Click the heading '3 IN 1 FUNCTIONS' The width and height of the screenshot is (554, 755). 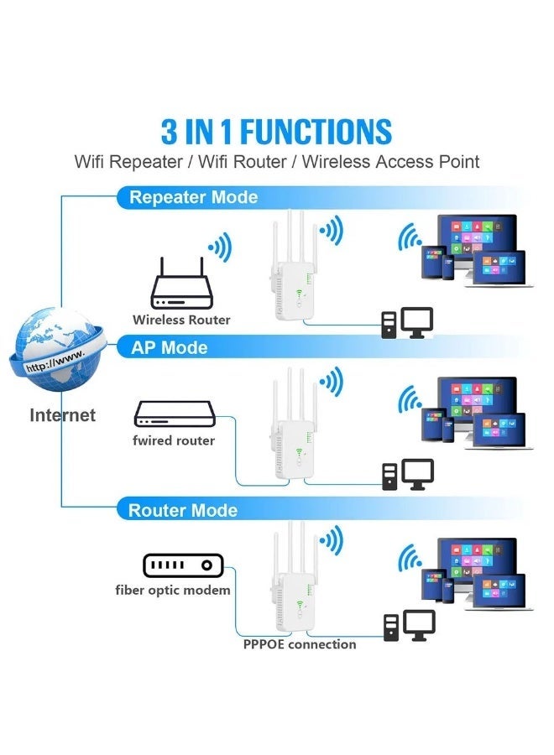tap(276, 132)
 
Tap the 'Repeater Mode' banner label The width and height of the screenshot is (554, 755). tap(193, 198)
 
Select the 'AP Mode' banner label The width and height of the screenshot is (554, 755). tap(169, 347)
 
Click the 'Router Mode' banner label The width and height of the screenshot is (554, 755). tap(182, 510)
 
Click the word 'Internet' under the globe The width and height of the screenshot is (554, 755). tap(63, 414)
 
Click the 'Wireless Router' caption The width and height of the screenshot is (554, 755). tap(181, 320)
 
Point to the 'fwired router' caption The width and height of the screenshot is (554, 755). tap(174, 440)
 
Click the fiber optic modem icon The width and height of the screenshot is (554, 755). tap(181, 565)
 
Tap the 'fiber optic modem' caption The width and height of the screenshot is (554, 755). tap(173, 591)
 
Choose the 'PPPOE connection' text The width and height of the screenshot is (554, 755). tap(300, 644)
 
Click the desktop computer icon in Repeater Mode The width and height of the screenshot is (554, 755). tap(408, 322)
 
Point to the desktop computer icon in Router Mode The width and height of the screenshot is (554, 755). tap(410, 626)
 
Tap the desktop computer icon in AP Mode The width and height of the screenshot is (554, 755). tap(408, 474)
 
